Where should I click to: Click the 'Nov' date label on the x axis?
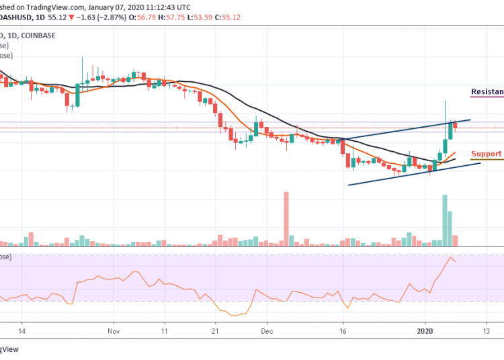tap(113, 331)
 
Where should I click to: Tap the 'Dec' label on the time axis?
tap(266, 331)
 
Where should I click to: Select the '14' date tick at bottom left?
tap(22, 331)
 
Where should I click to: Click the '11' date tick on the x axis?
tap(164, 331)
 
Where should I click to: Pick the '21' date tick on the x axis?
tap(215, 331)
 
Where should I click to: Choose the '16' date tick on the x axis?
tap(343, 331)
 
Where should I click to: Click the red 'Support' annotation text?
tap(487, 154)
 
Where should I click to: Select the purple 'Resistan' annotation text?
tap(487, 91)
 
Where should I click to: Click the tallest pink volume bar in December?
tap(286, 218)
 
